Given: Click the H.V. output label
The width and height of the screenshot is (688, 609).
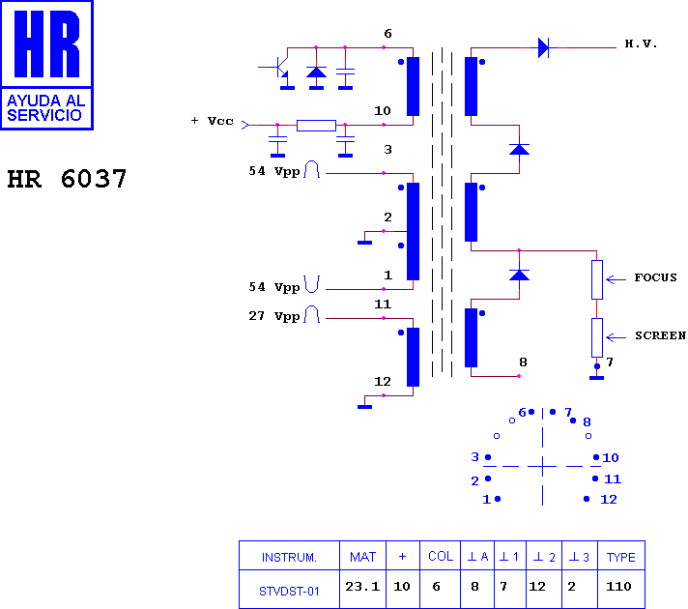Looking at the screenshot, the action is pos(641,43).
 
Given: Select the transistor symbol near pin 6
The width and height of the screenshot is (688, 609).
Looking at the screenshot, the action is pos(280,67).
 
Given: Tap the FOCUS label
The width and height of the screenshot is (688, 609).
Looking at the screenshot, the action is pos(655,277).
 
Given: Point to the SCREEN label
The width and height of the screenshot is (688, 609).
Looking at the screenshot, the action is pos(660,335).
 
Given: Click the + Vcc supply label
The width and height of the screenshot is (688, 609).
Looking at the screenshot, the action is pos(213,121).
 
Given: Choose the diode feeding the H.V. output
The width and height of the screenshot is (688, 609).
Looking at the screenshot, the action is pos(543,47).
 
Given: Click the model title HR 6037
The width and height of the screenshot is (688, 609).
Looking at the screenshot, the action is pos(67,179).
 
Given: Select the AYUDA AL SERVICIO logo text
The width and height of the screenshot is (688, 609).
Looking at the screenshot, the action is pos(46,108).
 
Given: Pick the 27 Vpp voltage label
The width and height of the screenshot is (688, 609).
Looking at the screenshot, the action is pos(274,316).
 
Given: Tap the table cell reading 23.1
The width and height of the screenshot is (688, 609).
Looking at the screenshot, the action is pos(362,587).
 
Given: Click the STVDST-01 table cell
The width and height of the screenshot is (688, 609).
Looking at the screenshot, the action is pos(289,592).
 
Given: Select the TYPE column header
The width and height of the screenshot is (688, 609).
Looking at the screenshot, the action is pos(621,557).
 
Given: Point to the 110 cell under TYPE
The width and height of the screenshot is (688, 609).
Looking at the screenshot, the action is pos(618,587).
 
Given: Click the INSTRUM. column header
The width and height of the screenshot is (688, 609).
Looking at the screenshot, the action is pos(289,557).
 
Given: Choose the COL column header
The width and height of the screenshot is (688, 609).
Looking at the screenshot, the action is pos(441,556).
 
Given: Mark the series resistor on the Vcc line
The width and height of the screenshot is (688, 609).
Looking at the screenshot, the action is pos(316,126).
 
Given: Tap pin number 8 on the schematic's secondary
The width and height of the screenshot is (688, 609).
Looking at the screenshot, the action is pos(523,362).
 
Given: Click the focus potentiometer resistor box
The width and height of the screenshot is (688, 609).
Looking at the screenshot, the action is pos(597,279).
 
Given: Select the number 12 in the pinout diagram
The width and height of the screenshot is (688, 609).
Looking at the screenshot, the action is pos(609,500).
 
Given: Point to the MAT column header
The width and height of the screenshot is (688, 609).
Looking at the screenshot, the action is pos(363,557).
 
